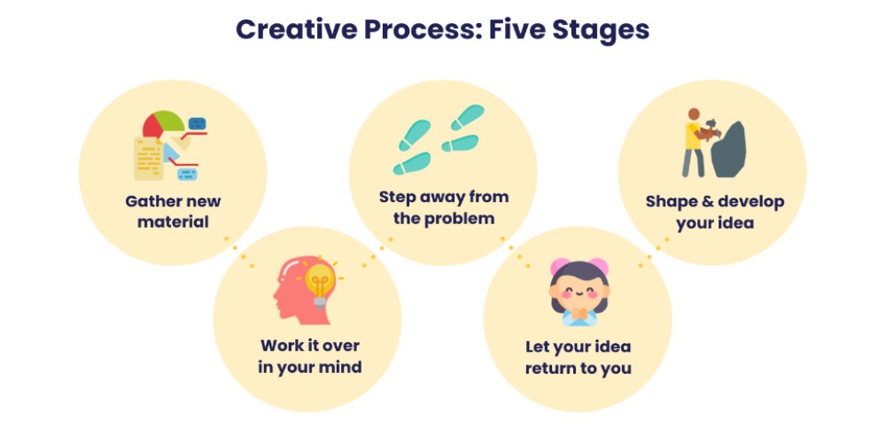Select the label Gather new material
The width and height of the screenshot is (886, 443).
[x=173, y=211]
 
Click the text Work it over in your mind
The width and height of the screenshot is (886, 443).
[x=310, y=355]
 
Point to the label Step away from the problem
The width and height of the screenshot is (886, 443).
[x=444, y=206]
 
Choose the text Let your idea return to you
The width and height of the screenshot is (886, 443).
[x=578, y=357]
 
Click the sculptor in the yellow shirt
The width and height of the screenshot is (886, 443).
[x=692, y=142]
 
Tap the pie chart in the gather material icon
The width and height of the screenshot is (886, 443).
[x=165, y=124]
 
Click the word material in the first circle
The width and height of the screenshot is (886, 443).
[x=173, y=221]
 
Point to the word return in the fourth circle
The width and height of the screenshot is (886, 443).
[x=550, y=368]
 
